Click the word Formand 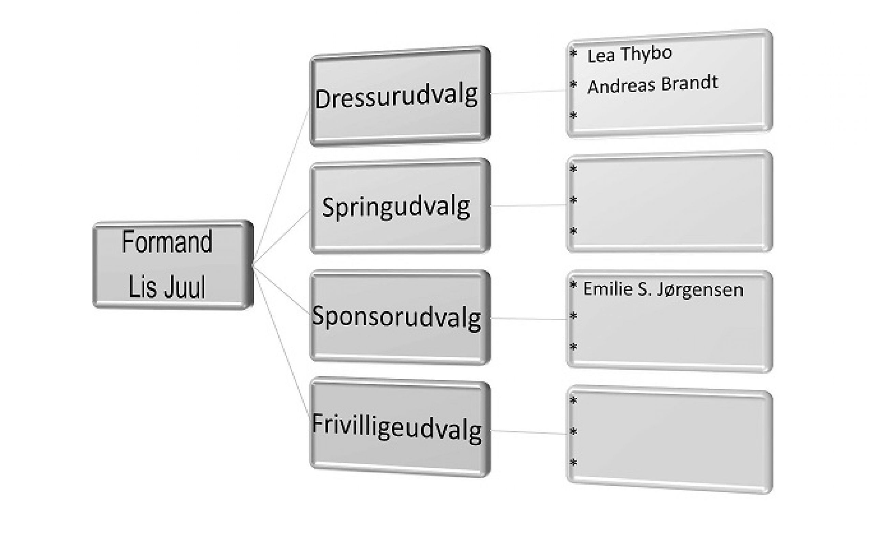(167, 242)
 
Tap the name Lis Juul (167, 287)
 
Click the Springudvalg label (396, 207)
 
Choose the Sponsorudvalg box (396, 317)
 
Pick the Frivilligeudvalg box (396, 428)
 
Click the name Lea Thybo (629, 55)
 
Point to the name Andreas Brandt (652, 85)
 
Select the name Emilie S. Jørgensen (663, 290)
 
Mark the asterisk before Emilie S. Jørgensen (573, 286)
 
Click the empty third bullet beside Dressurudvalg (573, 116)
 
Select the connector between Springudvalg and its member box (529, 206)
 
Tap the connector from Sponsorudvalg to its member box (529, 319)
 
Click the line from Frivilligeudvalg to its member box (529, 432)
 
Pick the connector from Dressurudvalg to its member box (529, 92)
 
